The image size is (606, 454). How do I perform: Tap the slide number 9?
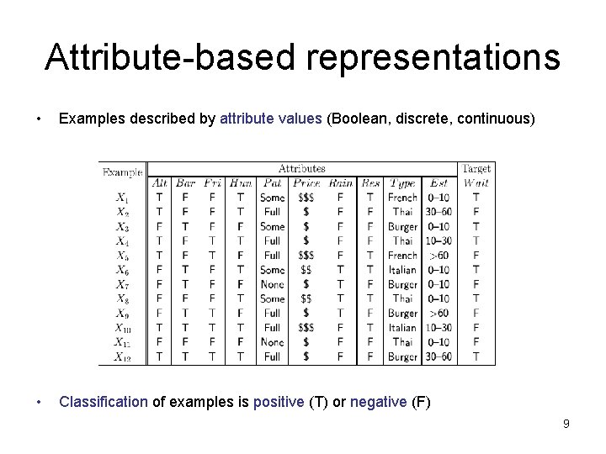click(566, 424)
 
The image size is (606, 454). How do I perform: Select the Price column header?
click(306, 183)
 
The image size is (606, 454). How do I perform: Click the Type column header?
click(402, 183)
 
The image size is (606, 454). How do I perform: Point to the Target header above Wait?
click(477, 169)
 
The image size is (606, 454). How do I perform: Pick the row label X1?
click(123, 198)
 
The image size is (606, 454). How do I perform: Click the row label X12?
click(123, 356)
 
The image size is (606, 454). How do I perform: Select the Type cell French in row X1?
click(402, 198)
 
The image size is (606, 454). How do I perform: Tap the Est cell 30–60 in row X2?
click(438, 212)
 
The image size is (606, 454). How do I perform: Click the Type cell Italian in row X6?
click(402, 270)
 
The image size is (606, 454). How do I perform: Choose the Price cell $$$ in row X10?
click(306, 327)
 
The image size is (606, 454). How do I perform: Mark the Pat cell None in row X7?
click(272, 284)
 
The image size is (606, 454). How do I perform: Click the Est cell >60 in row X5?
click(439, 256)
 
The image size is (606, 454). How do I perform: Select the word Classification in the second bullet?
click(104, 402)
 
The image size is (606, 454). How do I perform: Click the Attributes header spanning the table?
click(302, 169)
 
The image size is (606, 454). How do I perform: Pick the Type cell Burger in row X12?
click(402, 356)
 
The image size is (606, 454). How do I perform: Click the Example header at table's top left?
click(123, 172)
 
